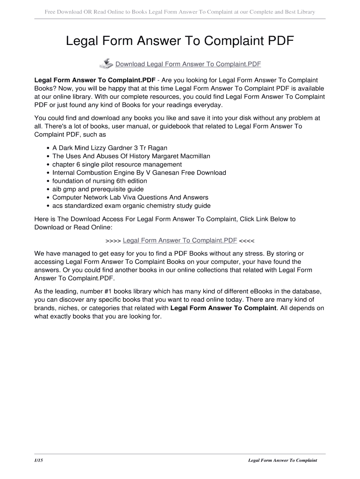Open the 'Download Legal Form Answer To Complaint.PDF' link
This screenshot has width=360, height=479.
(188, 64)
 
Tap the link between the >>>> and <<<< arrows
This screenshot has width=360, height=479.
(180, 240)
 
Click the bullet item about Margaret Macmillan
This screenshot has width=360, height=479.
(131, 156)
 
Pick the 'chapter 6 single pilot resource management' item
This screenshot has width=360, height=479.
(117, 164)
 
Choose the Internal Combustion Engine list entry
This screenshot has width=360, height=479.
(139, 173)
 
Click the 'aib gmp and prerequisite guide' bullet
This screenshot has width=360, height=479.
(98, 189)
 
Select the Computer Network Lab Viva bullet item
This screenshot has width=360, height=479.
(130, 197)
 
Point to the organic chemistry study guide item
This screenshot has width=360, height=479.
(131, 206)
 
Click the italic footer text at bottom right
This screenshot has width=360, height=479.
(282, 460)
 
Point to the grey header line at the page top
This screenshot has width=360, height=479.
(180, 11)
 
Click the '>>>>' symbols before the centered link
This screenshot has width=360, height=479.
(113, 240)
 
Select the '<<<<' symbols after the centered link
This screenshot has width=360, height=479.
(247, 240)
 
